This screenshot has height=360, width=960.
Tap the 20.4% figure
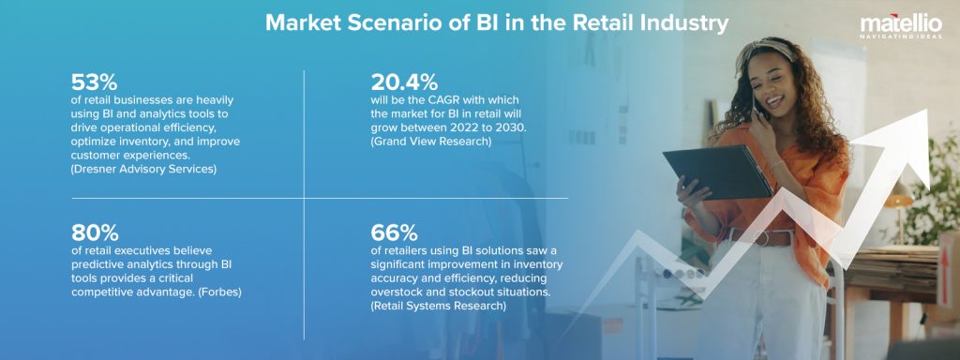tap(404, 82)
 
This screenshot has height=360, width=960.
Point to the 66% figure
tap(395, 232)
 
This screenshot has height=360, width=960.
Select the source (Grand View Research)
tap(431, 140)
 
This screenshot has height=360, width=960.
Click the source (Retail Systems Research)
tap(439, 306)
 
